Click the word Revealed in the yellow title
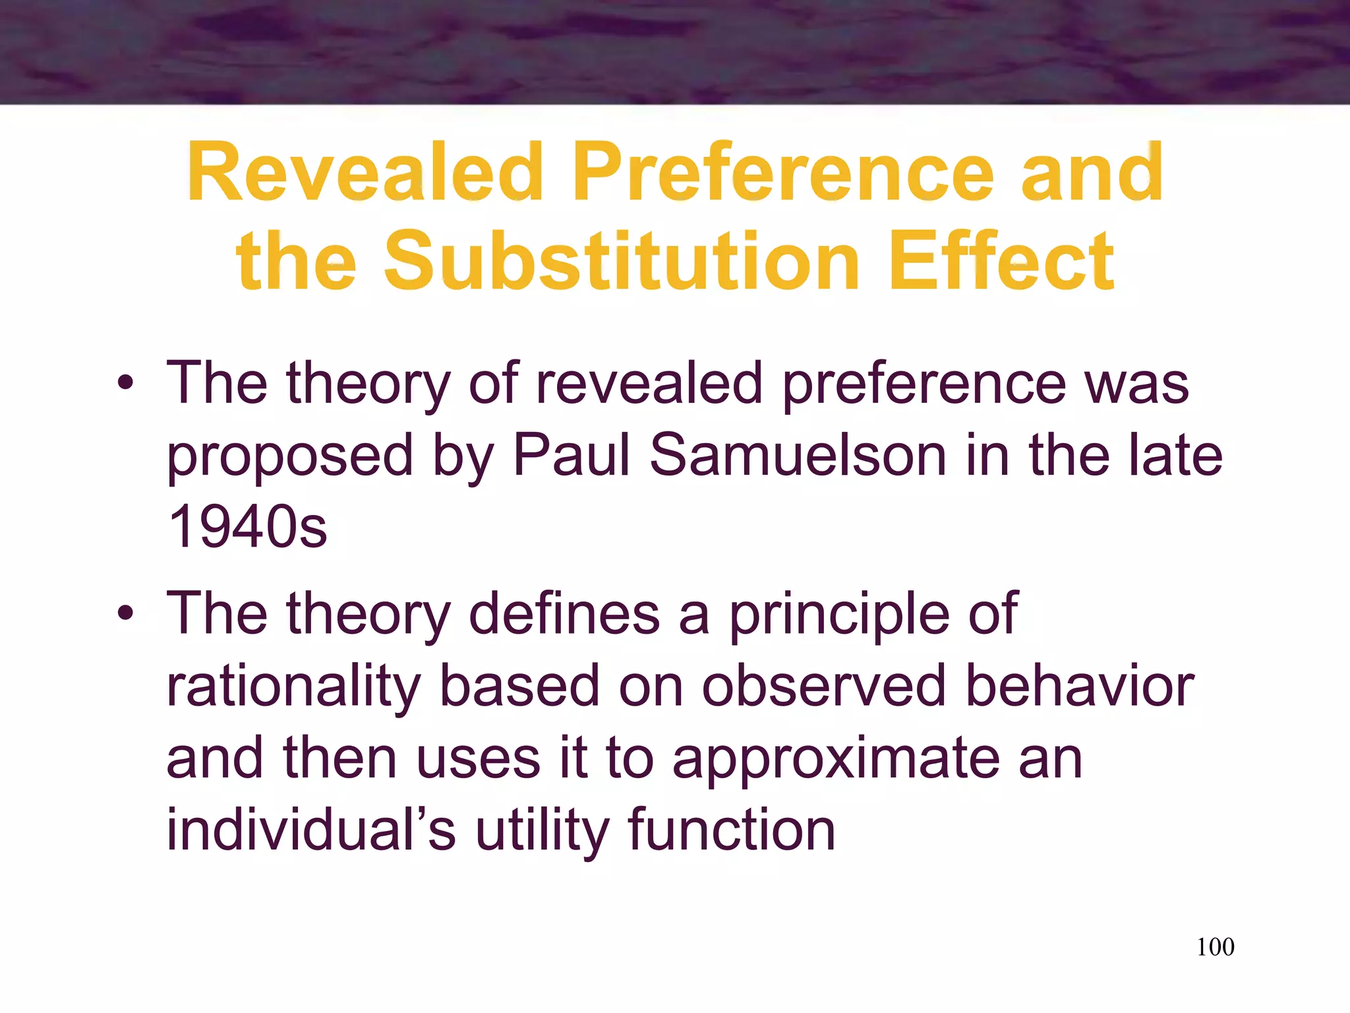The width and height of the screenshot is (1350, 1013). tap(366, 173)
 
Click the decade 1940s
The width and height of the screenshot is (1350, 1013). tap(247, 527)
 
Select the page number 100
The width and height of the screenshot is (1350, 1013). tap(1215, 947)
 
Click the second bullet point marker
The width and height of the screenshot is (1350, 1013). tap(125, 613)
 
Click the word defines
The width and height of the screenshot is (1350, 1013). tap(564, 613)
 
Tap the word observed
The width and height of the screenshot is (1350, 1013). tap(823, 686)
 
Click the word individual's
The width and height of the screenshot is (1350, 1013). tap(310, 830)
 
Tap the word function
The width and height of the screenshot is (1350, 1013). tap(732, 830)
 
